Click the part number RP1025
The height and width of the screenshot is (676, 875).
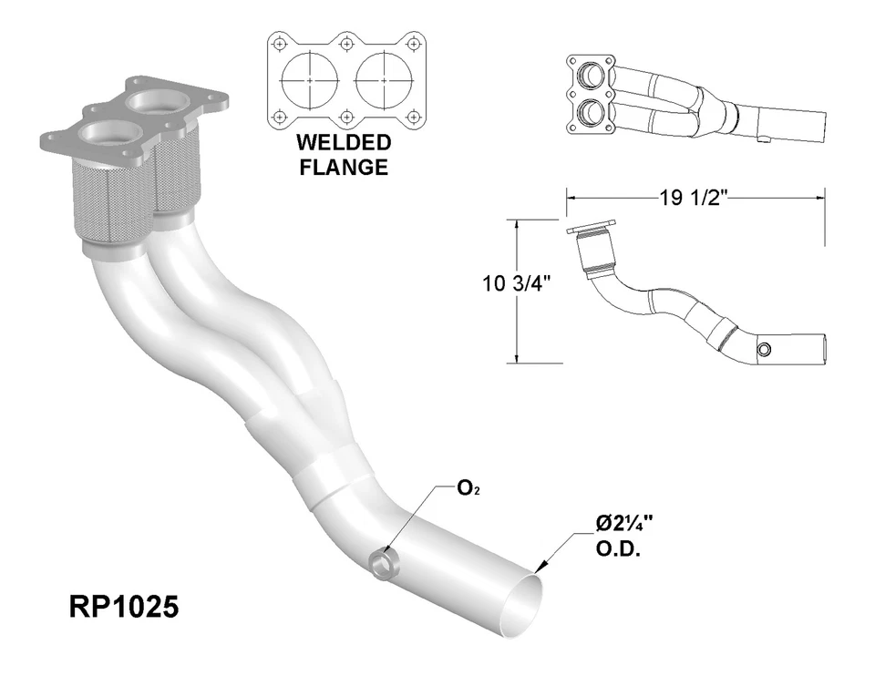pyautogui.click(x=124, y=607)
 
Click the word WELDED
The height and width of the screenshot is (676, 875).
pyautogui.click(x=343, y=144)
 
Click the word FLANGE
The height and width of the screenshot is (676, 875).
pyautogui.click(x=343, y=168)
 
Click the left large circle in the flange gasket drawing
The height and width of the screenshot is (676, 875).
pyautogui.click(x=310, y=80)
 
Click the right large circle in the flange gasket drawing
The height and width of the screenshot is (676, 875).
pyautogui.click(x=381, y=80)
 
